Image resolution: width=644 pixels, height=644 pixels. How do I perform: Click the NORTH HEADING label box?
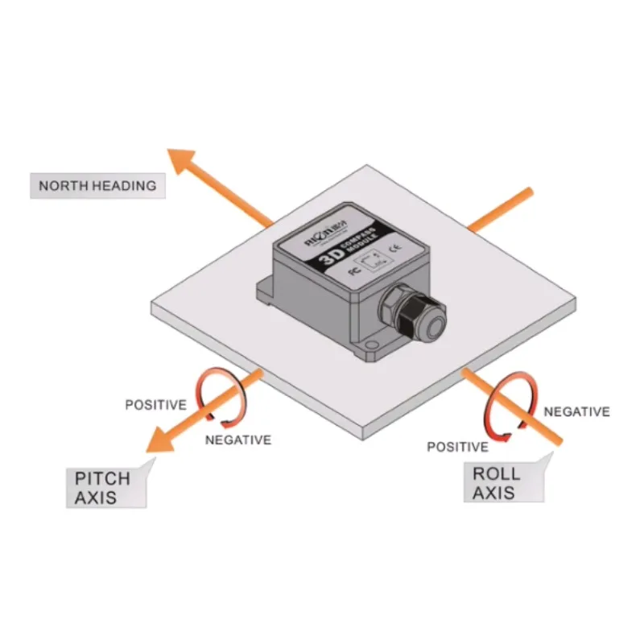[97, 185]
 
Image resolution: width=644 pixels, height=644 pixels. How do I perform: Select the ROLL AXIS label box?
[502, 481]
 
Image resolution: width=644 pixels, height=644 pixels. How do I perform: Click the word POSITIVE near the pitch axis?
[155, 404]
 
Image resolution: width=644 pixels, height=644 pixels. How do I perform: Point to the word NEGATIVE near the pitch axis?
[237, 440]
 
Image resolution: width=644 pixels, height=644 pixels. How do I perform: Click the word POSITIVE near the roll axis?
[456, 447]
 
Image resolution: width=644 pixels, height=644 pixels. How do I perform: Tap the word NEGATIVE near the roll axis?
[576, 411]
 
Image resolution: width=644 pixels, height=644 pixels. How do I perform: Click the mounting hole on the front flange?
[369, 349]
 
